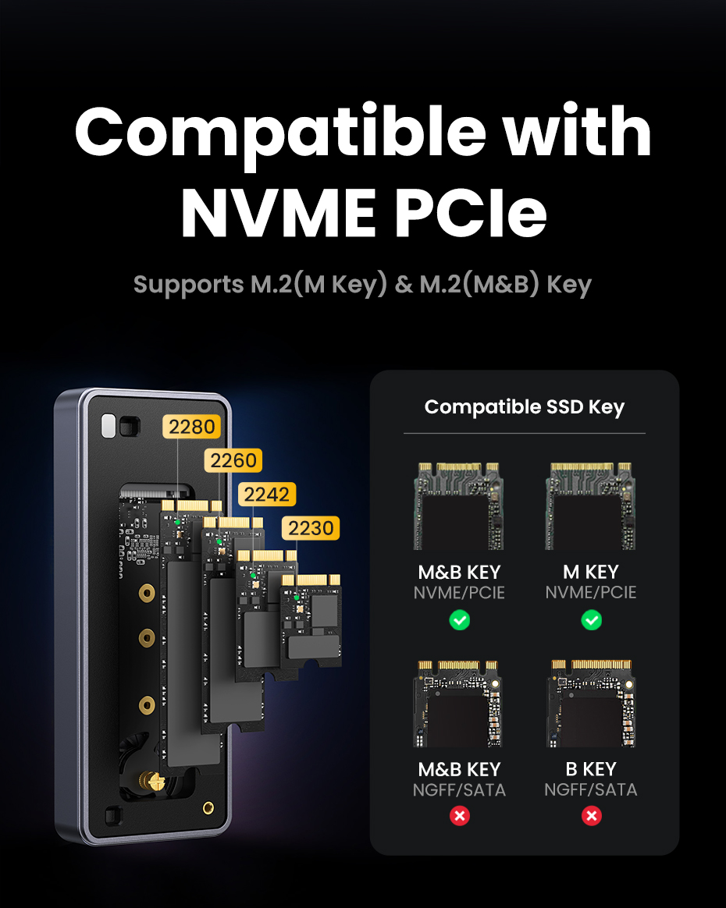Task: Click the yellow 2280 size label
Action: coord(192,427)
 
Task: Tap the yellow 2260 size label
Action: coord(233,460)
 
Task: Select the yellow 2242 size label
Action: coord(267,494)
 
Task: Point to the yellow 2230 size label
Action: coord(311,528)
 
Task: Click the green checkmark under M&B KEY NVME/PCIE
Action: coord(460,620)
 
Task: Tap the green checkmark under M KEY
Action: coord(592,620)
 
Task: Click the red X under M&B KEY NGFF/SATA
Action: coord(460,816)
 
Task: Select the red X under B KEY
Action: coord(592,816)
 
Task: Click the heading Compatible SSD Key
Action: coord(524,406)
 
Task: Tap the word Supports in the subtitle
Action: coord(188,284)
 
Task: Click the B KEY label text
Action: coord(591,769)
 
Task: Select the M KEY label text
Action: coord(591,572)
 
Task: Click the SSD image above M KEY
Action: coord(591,506)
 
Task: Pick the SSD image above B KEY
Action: coord(591,702)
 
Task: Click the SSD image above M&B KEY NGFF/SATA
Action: coord(458,702)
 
